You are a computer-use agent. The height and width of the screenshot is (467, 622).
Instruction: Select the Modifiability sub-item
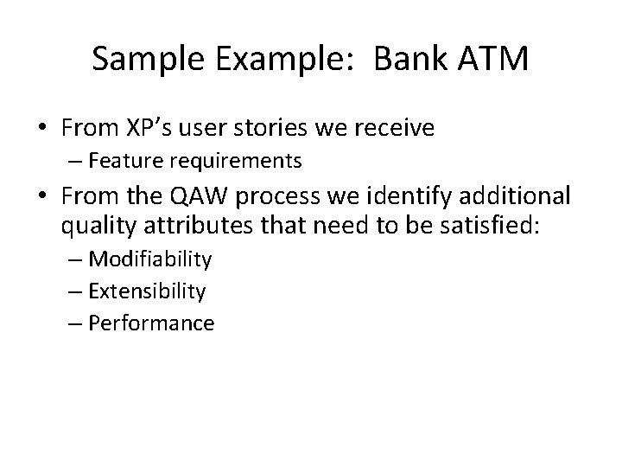(x=150, y=259)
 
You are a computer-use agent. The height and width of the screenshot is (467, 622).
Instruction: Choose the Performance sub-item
(x=151, y=323)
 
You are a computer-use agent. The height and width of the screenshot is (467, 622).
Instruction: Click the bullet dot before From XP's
(x=41, y=130)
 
